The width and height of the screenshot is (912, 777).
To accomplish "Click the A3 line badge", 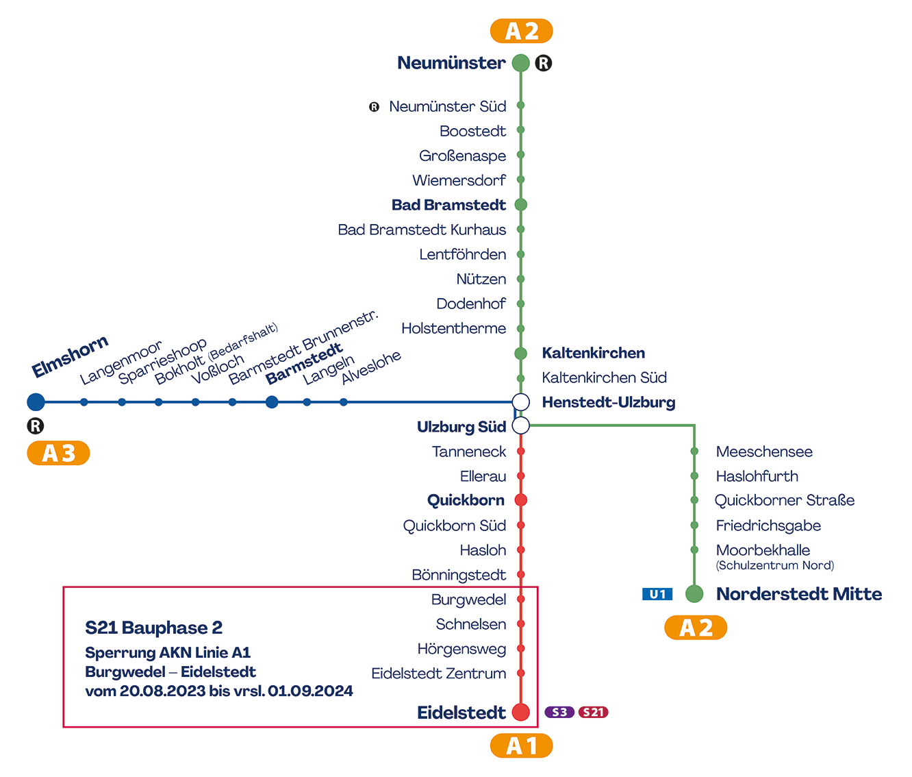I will (58, 453).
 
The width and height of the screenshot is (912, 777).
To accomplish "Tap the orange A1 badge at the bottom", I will (521, 745).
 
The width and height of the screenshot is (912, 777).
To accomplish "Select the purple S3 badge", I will (559, 712).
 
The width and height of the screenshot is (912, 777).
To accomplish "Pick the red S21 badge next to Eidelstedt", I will (593, 712).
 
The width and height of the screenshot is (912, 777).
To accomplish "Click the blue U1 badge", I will (657, 594).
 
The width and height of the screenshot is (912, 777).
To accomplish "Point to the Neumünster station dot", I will (520, 63).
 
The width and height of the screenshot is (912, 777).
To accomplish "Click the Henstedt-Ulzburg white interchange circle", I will (520, 402).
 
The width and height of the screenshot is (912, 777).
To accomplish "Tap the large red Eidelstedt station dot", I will (520, 712).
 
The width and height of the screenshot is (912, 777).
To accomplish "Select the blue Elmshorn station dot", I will (36, 402).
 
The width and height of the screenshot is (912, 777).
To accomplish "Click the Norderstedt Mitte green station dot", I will (694, 594).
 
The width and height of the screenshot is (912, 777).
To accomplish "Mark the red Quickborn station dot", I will (520, 500).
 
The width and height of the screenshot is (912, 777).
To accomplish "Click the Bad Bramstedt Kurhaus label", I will (422, 230).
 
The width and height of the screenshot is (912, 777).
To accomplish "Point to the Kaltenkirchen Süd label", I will (604, 378).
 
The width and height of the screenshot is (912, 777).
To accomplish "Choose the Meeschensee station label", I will (764, 452).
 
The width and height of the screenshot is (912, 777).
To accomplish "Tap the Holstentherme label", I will (453, 328).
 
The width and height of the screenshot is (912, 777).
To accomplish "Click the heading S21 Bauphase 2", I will (153, 628).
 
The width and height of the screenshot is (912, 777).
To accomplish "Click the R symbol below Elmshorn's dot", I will (36, 426).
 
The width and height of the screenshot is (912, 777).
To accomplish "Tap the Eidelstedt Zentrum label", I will (438, 674).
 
